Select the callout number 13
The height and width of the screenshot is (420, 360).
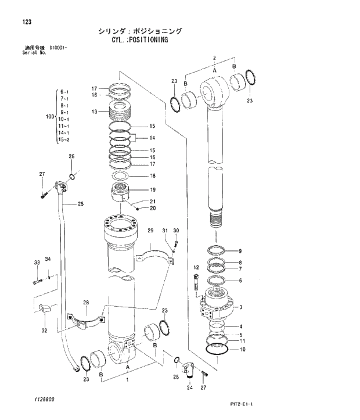coord(94,112)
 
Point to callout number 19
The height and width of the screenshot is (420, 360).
coord(153,190)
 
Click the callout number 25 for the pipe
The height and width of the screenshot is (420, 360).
coord(81,204)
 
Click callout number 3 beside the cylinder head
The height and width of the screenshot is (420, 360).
coord(240,307)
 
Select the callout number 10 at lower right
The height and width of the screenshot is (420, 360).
coord(242,350)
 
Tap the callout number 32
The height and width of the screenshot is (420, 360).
coord(44,331)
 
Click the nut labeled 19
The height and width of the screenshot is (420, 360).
coord(123,192)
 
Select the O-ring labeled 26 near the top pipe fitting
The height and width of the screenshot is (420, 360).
coord(71,177)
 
